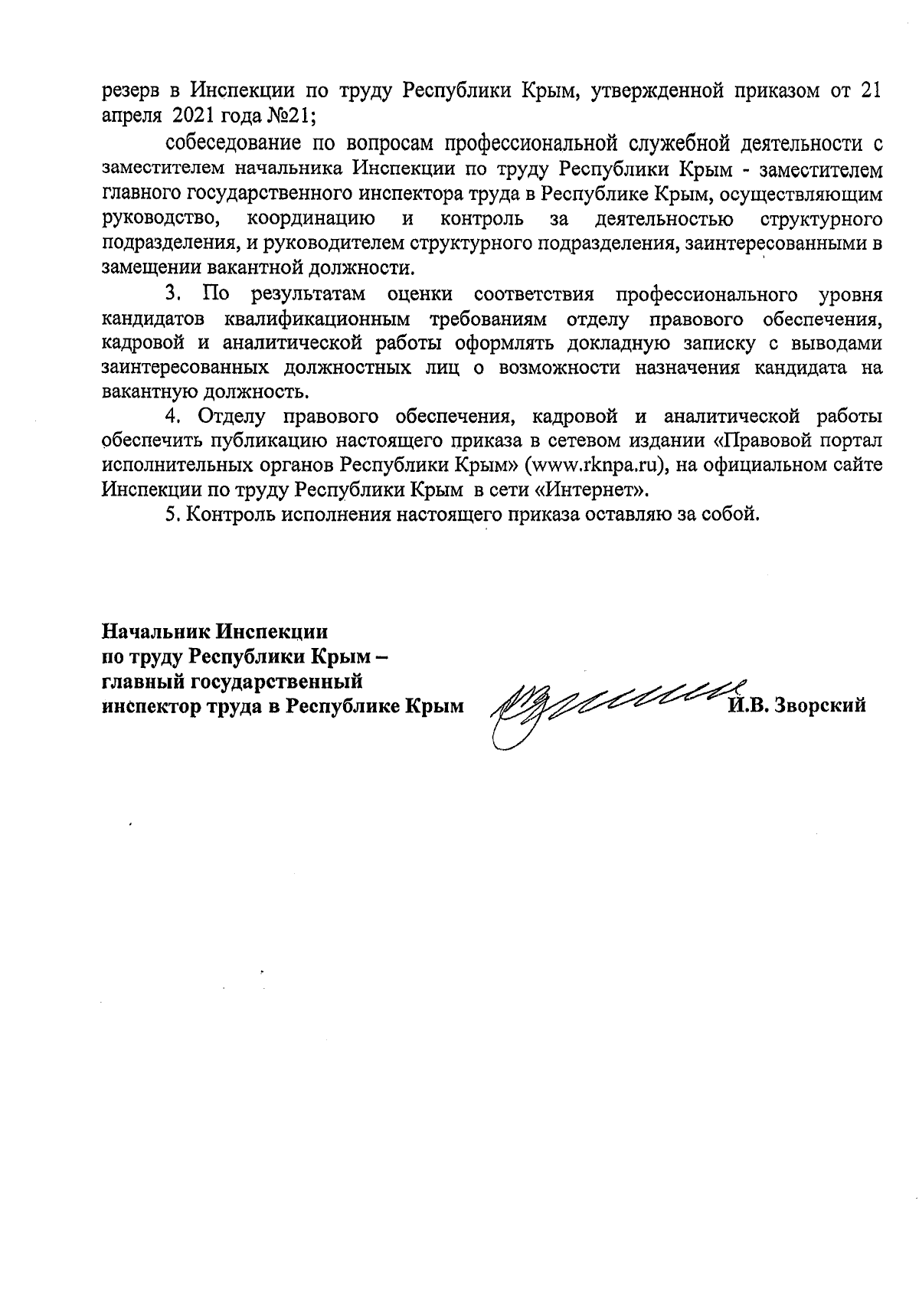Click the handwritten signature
(x=605, y=701)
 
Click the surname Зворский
(x=822, y=705)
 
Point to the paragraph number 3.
(x=173, y=293)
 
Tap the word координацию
(x=311, y=218)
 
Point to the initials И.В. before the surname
(x=747, y=705)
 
